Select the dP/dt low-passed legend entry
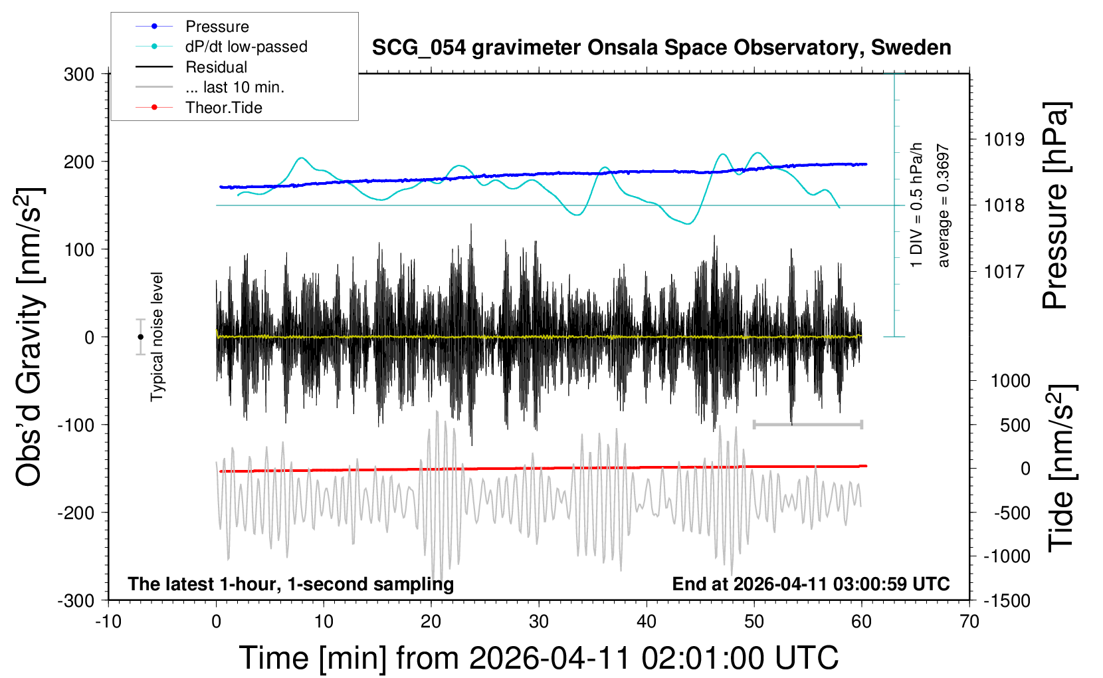click(246, 47)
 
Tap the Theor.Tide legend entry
click(223, 108)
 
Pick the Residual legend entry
click(216, 67)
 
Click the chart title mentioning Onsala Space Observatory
click(661, 48)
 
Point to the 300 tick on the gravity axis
click(79, 74)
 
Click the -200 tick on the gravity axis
click(76, 513)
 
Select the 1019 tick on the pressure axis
click(1004, 140)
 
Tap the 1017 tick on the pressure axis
click(1004, 272)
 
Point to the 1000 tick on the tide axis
click(1010, 381)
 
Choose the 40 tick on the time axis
click(646, 622)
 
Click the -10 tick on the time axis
click(108, 622)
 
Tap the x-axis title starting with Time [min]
click(538, 658)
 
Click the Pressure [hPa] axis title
click(1055, 206)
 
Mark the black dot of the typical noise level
click(140, 337)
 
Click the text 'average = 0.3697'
click(944, 206)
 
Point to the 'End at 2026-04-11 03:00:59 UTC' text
click(811, 584)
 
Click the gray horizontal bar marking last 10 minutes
click(807, 424)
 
